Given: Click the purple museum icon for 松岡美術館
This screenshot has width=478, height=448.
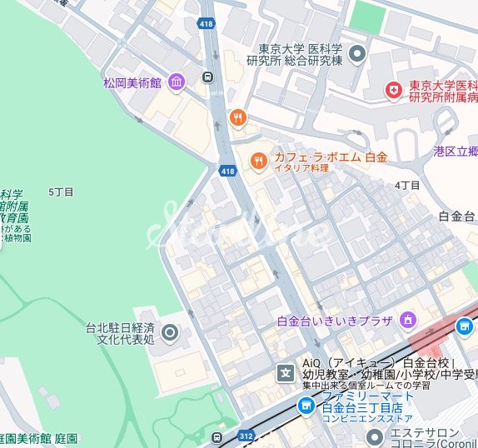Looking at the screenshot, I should click(x=176, y=82).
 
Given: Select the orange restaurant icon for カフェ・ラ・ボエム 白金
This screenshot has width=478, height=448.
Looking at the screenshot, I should click(x=259, y=161).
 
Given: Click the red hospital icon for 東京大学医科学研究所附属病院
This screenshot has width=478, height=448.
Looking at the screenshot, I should click(x=393, y=90).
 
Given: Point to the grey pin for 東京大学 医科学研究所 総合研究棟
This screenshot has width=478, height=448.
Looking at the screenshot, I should click(x=358, y=55).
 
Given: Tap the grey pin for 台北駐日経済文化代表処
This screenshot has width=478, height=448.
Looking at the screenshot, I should click(x=170, y=334).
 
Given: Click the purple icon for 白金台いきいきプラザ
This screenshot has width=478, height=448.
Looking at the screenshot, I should click(x=408, y=320).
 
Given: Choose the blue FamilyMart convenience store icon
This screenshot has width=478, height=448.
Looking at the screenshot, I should click(x=306, y=405).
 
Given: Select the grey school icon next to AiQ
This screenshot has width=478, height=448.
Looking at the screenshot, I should click(x=286, y=372).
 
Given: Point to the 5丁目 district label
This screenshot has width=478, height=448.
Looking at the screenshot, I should click(x=62, y=192).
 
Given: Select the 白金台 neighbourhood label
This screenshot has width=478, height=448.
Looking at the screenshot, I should click(x=456, y=216).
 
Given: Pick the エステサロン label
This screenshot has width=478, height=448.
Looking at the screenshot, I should click(x=426, y=433).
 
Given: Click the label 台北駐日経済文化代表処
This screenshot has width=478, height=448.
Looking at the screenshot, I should click(x=121, y=334).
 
